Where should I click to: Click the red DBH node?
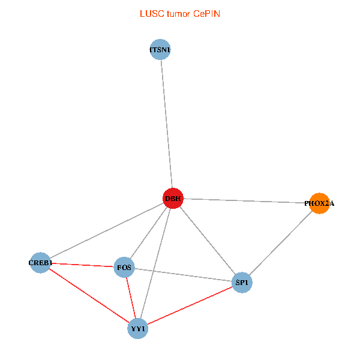[173, 199]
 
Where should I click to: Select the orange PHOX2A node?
[319, 203]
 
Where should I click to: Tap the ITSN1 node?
[160, 50]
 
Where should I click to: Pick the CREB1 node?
[40, 263]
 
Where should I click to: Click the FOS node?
[124, 267]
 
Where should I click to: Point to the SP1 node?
[241, 283]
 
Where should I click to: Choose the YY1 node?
[138, 329]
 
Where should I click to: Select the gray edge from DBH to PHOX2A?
[246, 201]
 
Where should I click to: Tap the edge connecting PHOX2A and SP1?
[280, 243]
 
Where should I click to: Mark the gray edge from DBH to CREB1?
[106, 231]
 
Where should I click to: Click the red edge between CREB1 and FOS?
[82, 265]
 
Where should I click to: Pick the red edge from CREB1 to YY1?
[89, 296]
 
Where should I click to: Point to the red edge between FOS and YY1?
[131, 298]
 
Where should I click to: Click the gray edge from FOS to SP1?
[183, 275]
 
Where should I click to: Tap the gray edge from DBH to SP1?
[207, 241]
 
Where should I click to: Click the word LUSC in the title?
[149, 13]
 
